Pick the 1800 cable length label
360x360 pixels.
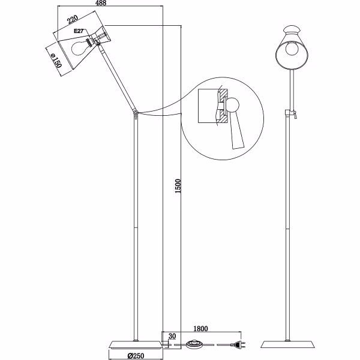pyautogui.click(x=200, y=329)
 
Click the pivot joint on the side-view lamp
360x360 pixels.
pyautogui.click(x=136, y=112)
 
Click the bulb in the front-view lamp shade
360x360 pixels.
pyautogui.click(x=292, y=49)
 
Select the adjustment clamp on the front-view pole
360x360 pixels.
pyautogui.click(x=292, y=113)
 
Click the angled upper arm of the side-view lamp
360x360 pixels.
pyautogui.click(x=121, y=80)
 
